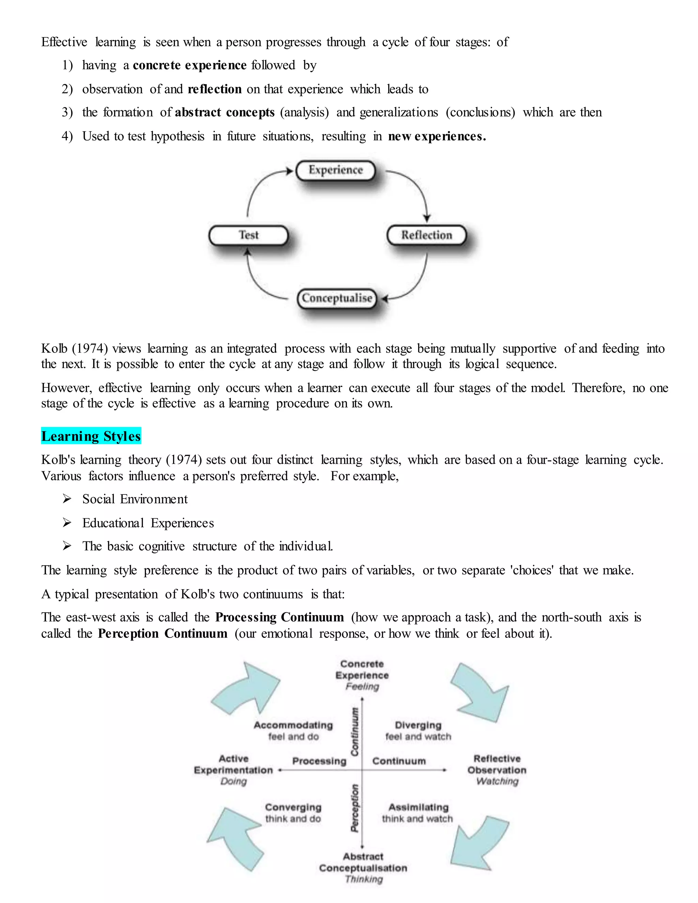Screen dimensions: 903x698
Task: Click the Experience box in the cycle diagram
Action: pos(335,170)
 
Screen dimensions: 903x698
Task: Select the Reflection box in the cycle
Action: pos(426,235)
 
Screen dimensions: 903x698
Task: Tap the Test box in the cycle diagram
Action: pos(248,235)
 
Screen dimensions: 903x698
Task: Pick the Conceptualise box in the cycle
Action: pos(337,298)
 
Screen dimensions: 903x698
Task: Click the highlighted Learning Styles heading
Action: pos(91,436)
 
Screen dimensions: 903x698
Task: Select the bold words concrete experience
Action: pos(189,65)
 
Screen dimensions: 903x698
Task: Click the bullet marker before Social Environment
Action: pos(66,499)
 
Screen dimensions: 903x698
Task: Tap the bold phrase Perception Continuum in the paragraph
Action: pos(163,633)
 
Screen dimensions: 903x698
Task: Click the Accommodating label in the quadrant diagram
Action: pos(293,725)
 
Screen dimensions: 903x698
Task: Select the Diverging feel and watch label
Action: pos(418,731)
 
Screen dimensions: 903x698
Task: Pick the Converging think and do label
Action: pos(293,812)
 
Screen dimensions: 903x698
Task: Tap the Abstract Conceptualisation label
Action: pos(363,862)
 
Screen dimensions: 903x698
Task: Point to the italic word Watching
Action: pos(497,781)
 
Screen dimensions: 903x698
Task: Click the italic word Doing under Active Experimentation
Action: pos(233,781)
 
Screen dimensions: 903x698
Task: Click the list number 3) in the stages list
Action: pos(67,112)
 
